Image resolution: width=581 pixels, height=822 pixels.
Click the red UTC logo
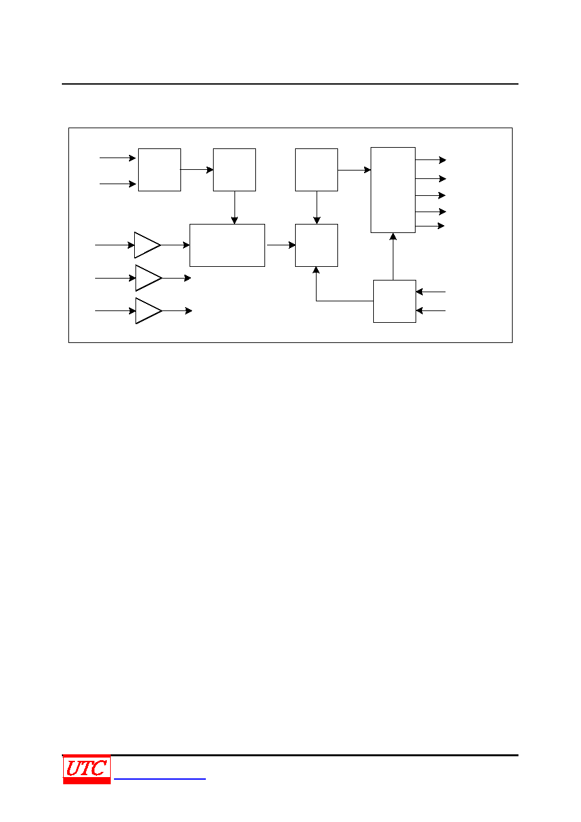(87, 769)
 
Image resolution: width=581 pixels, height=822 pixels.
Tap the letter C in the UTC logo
(98, 768)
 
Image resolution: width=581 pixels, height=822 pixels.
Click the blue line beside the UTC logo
(160, 778)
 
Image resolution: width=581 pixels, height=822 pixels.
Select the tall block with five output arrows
(393, 190)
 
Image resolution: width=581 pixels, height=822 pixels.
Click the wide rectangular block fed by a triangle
(227, 245)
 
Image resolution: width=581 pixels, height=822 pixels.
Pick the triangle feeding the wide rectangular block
(147, 245)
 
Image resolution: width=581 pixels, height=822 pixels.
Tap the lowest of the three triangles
(149, 311)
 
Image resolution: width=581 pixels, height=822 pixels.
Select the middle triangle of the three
(149, 278)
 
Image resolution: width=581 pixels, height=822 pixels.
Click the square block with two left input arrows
(160, 170)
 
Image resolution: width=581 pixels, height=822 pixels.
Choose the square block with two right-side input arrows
(395, 301)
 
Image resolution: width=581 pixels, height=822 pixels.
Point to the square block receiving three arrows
(317, 245)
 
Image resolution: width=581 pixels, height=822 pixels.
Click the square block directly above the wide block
(234, 170)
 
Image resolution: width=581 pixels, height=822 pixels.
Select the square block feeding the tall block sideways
(317, 170)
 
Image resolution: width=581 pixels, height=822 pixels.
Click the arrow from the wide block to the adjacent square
(281, 245)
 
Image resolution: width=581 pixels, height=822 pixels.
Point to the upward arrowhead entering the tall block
(393, 236)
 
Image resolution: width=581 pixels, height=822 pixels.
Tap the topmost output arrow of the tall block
(431, 160)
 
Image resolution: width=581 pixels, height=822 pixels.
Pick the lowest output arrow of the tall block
(430, 226)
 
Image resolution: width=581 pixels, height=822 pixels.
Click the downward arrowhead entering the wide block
(234, 220)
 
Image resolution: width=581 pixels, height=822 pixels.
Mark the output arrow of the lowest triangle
(177, 311)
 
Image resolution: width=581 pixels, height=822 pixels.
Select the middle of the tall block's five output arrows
(431, 196)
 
